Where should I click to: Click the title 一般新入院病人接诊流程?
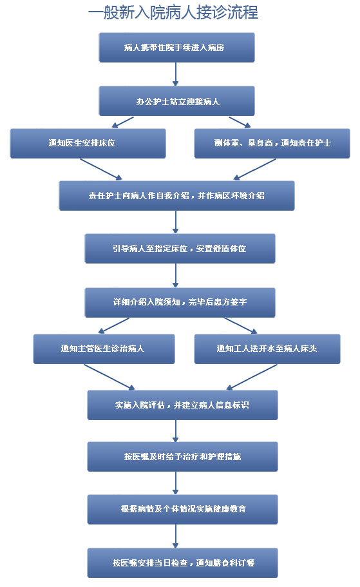coord(173,12)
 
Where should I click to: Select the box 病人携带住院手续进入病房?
coord(176,48)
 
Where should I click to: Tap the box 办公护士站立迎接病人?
coord(176,101)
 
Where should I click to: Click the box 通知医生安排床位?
coord(88,144)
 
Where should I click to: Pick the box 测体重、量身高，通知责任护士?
coord(272,144)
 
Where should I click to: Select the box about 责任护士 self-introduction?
coord(176,196)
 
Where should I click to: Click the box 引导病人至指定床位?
coord(180,249)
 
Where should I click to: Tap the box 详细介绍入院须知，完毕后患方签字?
coord(180,302)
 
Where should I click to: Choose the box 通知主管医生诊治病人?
coord(104,349)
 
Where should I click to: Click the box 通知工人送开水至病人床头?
coord(267,349)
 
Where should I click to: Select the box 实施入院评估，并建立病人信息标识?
coord(183,405)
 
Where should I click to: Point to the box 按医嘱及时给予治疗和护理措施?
coord(183,457)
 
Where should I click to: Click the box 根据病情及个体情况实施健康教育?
coord(183,510)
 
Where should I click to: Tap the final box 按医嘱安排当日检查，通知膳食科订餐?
coord(183,563)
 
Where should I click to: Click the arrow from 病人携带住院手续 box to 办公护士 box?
coord(176,74)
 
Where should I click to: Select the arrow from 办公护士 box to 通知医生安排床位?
coord(123,122)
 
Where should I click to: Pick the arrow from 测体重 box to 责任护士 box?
coord(254,169)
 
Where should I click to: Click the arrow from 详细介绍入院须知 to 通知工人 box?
coord(241,325)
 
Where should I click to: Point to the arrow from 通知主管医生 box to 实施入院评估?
coord(109,377)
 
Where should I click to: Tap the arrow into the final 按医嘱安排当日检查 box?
coord(176,537)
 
